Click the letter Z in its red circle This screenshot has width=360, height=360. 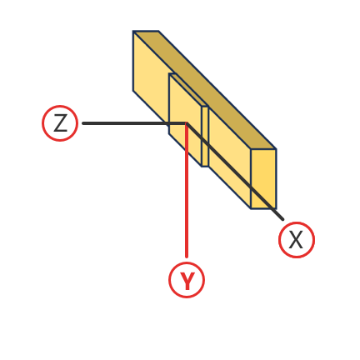coord(60,123)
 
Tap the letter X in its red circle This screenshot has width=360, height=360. coord(296,240)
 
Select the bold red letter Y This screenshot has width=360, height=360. coord(187,281)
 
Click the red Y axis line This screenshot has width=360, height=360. coord(187,190)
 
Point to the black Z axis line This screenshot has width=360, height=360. coord(135,123)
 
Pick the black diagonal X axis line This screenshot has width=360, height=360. coord(235,172)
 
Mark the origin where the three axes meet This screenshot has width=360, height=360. coord(187,123)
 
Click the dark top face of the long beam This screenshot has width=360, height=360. coord(205,90)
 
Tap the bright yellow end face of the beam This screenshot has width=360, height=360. coord(263,179)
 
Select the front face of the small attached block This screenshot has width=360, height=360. coord(185,120)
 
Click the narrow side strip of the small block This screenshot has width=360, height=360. coord(205,137)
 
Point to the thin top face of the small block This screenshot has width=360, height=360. coord(189,90)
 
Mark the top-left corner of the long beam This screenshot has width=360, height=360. coord(133,31)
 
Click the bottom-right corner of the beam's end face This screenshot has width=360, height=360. coord(276,208)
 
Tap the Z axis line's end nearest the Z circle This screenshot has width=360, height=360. coord(83,123)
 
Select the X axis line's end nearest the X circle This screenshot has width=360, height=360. coord(282,219)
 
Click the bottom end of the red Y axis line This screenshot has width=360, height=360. coord(187,257)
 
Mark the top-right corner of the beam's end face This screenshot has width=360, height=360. coord(276,149)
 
